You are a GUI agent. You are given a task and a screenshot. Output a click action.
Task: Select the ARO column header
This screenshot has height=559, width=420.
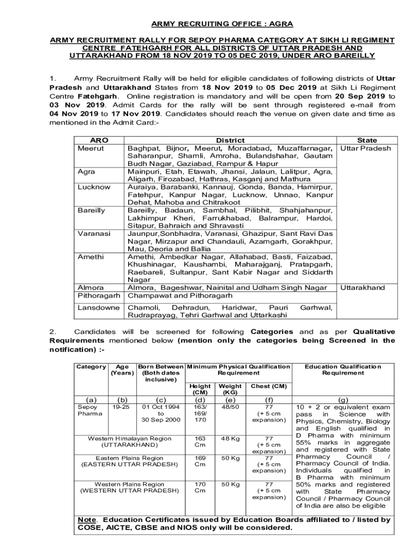point(91,140)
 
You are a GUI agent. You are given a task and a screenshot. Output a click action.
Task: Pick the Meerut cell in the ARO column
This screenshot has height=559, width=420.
point(91,148)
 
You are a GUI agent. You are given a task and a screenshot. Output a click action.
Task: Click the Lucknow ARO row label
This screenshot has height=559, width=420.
point(94,187)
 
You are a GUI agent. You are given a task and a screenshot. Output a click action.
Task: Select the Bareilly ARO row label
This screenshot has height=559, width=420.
point(92,210)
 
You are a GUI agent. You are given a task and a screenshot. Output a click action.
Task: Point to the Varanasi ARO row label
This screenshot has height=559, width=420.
point(94,234)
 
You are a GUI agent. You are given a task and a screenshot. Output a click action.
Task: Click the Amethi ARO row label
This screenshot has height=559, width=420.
point(91,257)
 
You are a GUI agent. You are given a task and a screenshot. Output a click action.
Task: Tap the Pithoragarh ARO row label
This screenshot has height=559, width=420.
point(99,296)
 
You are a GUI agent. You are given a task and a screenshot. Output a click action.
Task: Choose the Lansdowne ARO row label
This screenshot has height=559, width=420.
point(99,308)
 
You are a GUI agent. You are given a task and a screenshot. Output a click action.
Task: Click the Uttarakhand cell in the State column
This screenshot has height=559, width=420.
point(363,288)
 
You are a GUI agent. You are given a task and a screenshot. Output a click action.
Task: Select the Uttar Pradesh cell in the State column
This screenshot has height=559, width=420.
point(366,148)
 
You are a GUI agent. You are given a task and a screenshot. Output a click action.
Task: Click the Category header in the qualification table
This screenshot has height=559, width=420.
point(90,366)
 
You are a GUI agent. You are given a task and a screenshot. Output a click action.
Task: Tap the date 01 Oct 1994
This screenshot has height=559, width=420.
point(160,407)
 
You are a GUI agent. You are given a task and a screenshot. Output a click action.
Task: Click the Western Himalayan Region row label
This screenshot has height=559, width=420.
point(129,438)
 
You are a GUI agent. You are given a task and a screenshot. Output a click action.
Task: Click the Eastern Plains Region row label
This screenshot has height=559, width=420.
point(129,458)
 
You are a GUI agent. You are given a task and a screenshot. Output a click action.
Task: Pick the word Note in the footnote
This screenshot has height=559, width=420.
point(87,520)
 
